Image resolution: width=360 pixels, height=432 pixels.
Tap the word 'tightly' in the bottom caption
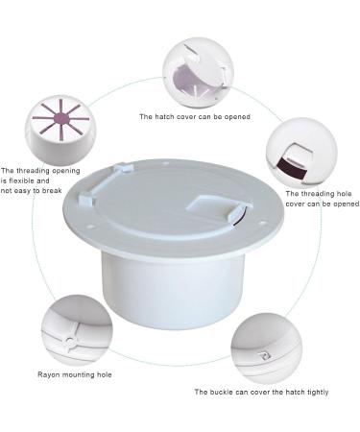point(322,392)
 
